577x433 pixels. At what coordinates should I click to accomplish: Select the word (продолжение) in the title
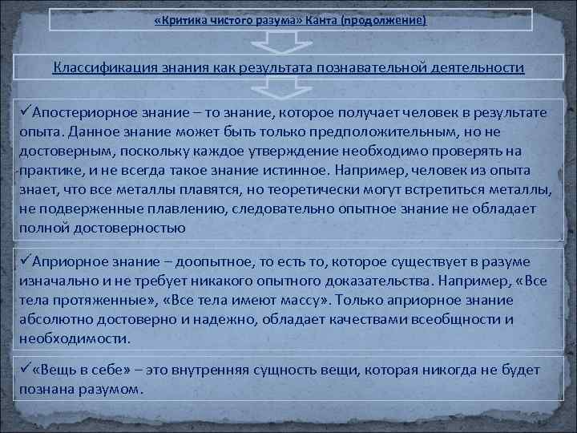tap(383, 19)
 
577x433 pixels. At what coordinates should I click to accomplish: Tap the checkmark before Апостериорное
tap(26, 112)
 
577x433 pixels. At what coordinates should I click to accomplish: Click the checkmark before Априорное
tap(26, 262)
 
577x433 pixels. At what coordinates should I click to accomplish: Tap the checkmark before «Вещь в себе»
tap(26, 370)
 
